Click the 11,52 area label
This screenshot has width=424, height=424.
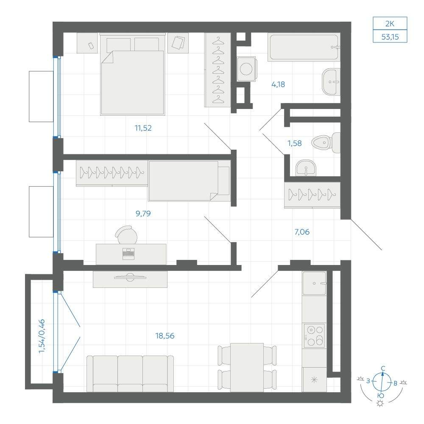143,128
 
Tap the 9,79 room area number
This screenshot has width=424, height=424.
143,214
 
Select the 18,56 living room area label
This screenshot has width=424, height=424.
165,336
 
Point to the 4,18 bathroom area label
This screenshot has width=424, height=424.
278,84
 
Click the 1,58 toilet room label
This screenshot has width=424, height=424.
295,143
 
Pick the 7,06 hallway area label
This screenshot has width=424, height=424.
302,232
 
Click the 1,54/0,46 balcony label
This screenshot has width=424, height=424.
42,336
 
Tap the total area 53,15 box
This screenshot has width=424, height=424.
390,36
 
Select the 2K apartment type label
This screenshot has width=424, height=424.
390,24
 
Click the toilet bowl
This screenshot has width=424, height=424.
326,142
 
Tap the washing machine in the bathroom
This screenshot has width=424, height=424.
246,69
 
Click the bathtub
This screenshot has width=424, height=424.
304,47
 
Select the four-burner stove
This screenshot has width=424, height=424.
314,335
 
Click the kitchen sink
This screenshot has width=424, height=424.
314,283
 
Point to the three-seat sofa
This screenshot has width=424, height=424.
130,374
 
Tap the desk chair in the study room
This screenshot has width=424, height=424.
126,235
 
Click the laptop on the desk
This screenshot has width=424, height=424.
128,254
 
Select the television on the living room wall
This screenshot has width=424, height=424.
130,277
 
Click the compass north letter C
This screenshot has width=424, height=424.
383,368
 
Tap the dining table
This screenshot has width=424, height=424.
247,368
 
